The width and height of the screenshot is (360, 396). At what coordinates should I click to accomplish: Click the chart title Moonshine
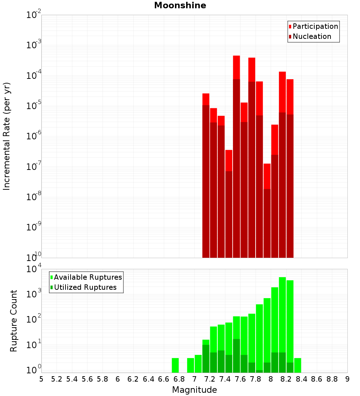pos(180,5)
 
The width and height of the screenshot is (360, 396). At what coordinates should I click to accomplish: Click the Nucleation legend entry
pos(312,36)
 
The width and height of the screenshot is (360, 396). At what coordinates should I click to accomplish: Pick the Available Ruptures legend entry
pos(88,277)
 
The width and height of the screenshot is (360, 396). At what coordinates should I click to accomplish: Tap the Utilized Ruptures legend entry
pos(85,287)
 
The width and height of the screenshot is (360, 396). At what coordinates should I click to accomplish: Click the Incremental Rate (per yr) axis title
pos(7,136)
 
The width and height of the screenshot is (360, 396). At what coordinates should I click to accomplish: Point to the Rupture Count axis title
pos(14,321)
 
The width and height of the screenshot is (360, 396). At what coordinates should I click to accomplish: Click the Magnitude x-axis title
pos(194,390)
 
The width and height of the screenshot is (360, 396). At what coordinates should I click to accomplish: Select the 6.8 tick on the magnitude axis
pos(179,379)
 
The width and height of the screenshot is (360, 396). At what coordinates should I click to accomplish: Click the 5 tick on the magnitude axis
pos(41,379)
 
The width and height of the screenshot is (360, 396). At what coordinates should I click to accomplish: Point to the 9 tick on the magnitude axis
pos(347,379)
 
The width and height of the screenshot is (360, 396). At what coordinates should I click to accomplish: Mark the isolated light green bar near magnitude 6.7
pos(175,365)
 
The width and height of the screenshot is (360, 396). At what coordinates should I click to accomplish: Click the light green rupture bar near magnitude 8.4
pos(298,365)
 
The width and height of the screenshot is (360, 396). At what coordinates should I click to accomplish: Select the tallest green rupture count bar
pos(282,324)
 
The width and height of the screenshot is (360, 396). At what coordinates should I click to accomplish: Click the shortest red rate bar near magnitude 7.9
pos(267,176)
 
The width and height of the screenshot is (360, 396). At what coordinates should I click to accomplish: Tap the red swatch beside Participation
pos(290,26)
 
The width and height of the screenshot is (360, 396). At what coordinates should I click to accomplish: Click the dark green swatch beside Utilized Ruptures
pos(51,287)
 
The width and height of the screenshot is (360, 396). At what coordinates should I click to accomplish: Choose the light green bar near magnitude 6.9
pos(190,365)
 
